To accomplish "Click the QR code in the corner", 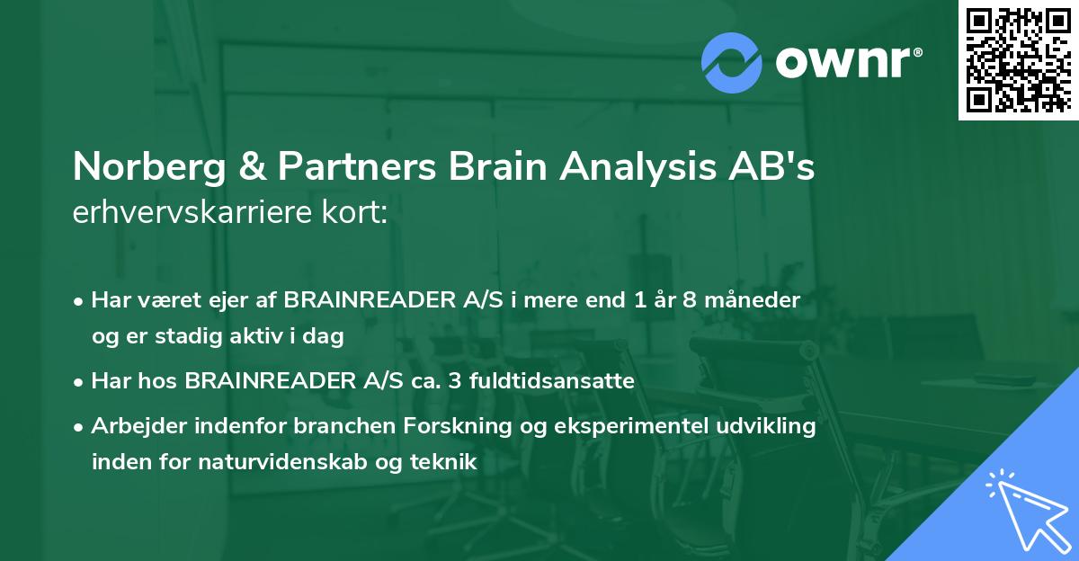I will point(1018,60).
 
